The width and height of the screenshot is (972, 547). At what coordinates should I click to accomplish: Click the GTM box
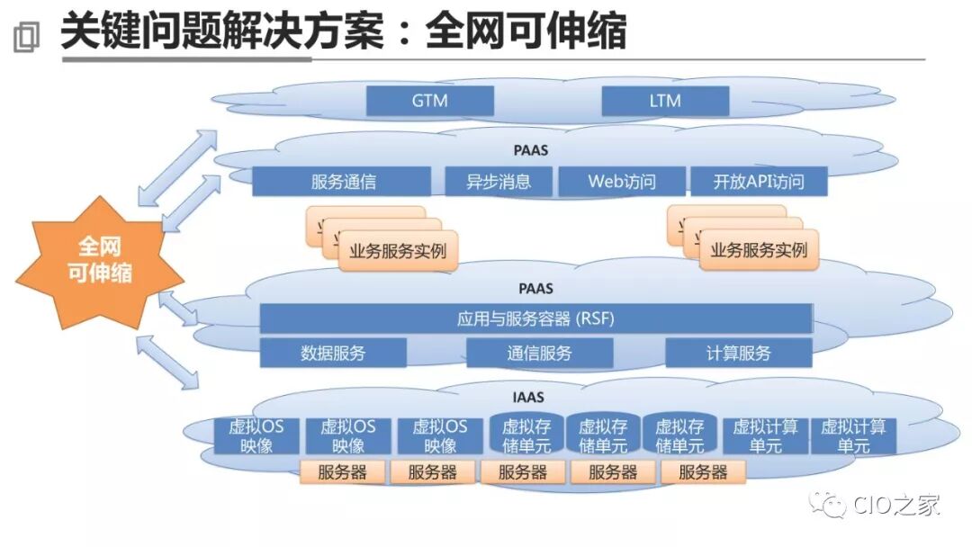(429, 101)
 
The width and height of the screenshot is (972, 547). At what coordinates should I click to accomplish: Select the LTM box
(664, 101)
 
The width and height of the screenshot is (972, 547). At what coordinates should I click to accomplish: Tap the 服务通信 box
(342, 182)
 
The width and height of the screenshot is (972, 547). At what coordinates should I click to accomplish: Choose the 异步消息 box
(499, 182)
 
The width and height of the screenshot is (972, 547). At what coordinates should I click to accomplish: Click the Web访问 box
(622, 182)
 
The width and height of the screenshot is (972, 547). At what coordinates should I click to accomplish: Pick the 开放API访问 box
(758, 182)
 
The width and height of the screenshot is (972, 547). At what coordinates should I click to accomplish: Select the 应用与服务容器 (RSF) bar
(535, 318)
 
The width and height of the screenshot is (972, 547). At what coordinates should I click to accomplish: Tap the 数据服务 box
(333, 353)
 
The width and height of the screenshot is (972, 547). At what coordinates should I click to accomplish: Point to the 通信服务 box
(539, 353)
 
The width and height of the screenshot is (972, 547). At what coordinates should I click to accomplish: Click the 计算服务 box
(738, 353)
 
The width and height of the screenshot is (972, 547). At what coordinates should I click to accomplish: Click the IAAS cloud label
(535, 396)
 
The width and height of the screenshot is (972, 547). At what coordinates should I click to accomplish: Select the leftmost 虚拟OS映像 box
(256, 435)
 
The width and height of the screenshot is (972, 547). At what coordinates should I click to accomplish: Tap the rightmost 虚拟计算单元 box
(853, 435)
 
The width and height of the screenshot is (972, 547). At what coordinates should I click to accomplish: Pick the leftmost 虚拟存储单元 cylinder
(526, 435)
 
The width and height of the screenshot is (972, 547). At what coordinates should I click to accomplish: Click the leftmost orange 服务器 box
(342, 472)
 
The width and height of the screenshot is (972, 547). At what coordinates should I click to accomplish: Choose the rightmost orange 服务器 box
(702, 472)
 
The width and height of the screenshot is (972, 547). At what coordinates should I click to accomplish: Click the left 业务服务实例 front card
(397, 251)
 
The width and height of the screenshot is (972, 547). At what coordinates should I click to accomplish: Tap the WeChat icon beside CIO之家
(828, 505)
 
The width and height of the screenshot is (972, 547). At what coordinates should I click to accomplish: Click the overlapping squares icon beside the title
(27, 36)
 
